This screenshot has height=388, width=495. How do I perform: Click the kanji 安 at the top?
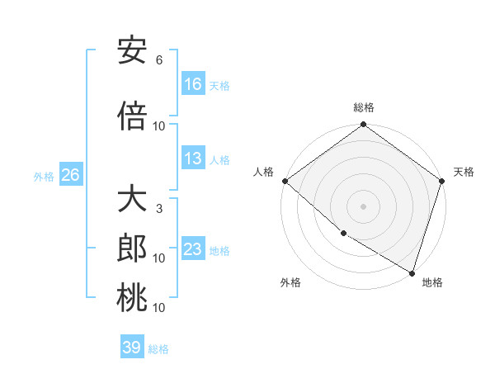coord(132,52)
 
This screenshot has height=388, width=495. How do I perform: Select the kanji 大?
coord(132,200)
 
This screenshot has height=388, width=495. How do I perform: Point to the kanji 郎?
coord(132,248)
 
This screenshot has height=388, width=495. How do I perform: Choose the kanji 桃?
coord(132,298)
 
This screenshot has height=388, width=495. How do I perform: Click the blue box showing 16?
coord(193,84)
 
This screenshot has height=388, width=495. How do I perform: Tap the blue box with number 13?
coord(193,159)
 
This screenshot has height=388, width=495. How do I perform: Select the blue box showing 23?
coord(193,249)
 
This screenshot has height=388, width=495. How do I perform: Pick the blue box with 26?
coord(70,175)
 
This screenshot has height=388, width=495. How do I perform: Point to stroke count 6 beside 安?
coord(159,60)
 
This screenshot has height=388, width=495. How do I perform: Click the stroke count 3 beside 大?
coord(159,209)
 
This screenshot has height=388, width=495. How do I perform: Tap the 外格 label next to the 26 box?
coord(44,176)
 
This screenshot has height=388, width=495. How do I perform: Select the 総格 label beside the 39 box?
coord(159,349)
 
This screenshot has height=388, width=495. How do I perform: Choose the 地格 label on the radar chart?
coord(432,282)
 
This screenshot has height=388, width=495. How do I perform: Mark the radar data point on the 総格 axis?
coord(363,125)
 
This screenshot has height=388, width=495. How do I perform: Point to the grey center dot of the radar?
coord(363,206)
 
